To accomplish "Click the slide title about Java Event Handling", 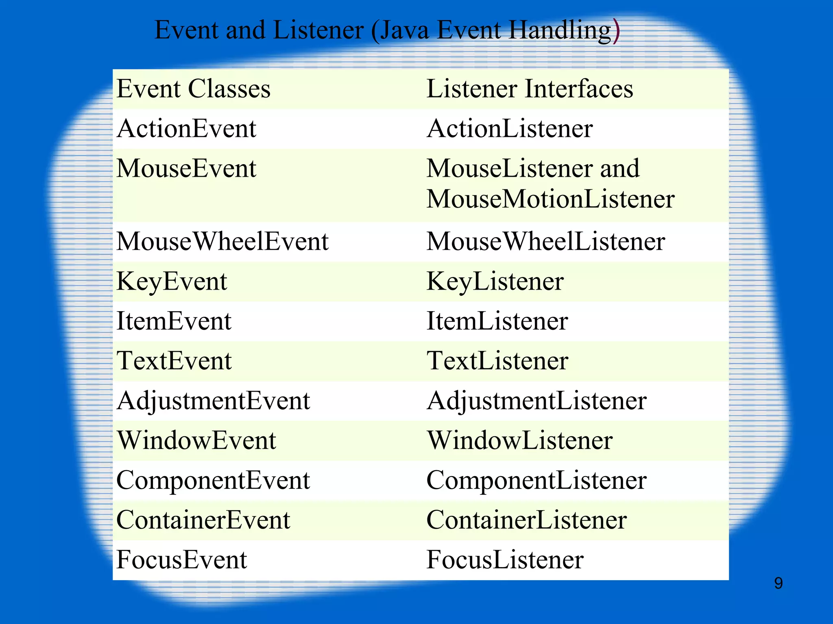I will tap(386, 30).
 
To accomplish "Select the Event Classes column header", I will tap(194, 89).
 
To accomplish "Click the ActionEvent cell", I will tap(186, 128).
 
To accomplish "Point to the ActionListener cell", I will tap(509, 128).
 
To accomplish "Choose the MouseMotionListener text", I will tap(550, 199).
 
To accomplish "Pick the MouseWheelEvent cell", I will tap(222, 241).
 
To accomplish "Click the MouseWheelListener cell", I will tap(545, 241).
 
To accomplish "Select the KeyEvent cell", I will tap(172, 281).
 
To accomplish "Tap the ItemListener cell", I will tap(497, 321).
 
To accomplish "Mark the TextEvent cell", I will tap(174, 361).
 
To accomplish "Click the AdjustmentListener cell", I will tap(536, 401).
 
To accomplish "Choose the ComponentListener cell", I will tap(536, 480).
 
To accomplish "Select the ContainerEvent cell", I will tap(203, 520).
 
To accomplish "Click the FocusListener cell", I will tap(505, 560).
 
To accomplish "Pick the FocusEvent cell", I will tap(181, 560).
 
